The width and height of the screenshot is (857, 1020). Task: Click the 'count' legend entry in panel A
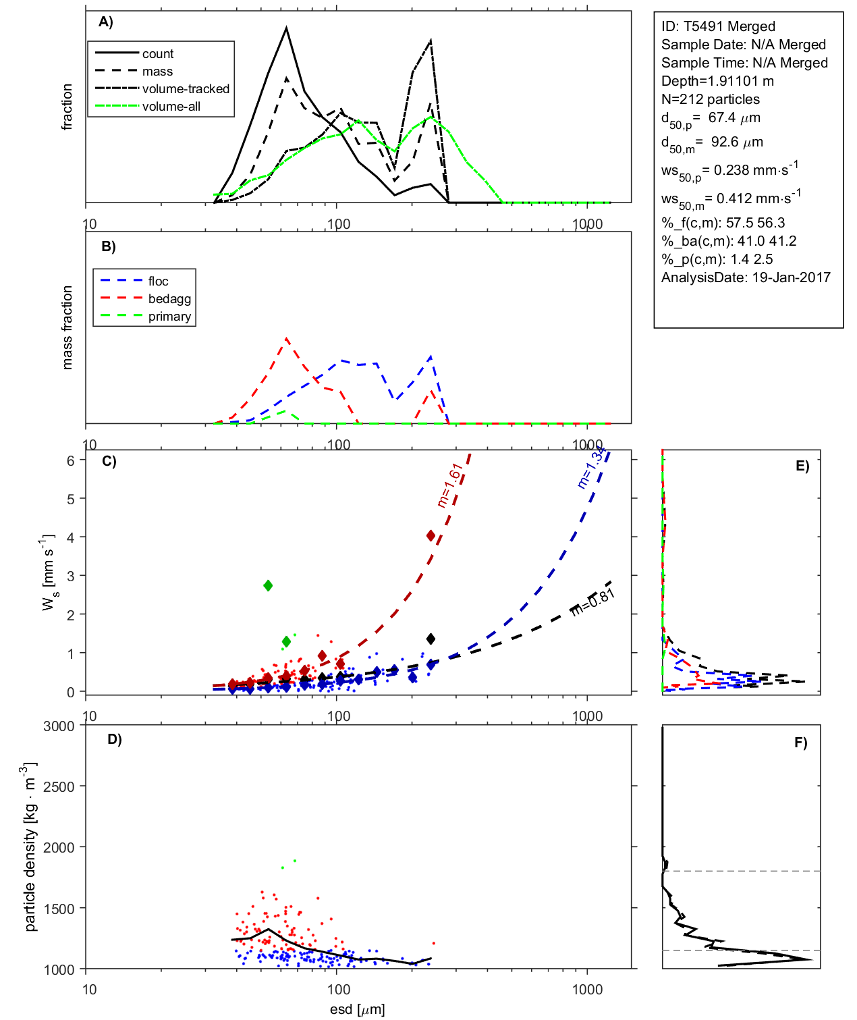click(x=157, y=54)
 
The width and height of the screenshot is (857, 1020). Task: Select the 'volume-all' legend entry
click(x=171, y=107)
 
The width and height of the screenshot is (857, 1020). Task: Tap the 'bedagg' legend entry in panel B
click(x=169, y=299)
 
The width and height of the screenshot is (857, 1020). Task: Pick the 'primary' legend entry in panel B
click(x=169, y=317)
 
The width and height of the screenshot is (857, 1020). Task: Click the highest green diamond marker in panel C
click(x=268, y=585)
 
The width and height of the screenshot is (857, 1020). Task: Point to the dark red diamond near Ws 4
click(x=431, y=535)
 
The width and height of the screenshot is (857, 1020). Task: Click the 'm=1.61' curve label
click(x=450, y=484)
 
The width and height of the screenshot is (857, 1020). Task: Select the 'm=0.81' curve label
click(x=593, y=601)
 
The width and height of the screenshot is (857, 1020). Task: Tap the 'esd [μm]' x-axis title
click(x=358, y=1009)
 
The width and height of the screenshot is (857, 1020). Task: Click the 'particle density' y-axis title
click(x=30, y=847)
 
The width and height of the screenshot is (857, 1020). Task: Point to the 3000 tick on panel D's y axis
click(x=59, y=726)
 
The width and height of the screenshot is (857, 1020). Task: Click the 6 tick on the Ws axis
click(x=70, y=460)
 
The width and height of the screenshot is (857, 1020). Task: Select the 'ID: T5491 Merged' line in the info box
click(x=718, y=26)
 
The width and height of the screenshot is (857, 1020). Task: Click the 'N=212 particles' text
click(x=710, y=99)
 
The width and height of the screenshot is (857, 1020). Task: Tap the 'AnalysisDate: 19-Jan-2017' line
click(x=746, y=277)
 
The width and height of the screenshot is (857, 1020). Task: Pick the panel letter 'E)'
click(x=802, y=466)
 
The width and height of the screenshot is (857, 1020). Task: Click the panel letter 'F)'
click(x=800, y=743)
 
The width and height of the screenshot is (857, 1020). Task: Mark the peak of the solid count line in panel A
click(x=287, y=28)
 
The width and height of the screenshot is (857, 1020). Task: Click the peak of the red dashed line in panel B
click(x=287, y=338)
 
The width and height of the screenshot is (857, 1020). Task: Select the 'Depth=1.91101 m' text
click(x=717, y=81)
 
